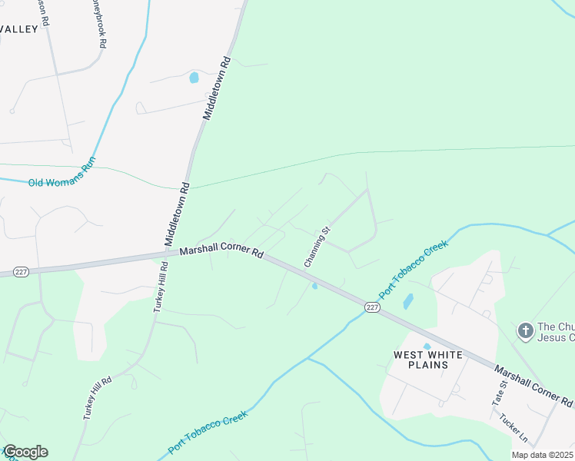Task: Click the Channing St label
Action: click(x=317, y=247)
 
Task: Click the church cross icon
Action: click(x=525, y=330)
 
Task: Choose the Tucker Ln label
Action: click(x=513, y=429)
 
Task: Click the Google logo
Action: click(x=25, y=452)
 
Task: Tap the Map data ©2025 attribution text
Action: click(x=542, y=455)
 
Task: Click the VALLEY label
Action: click(x=18, y=28)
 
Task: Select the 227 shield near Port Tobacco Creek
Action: click(x=372, y=307)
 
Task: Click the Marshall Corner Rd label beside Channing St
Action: click(x=221, y=252)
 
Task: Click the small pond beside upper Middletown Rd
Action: click(x=194, y=78)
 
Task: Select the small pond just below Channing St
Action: click(x=314, y=286)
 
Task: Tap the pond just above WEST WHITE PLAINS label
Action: click(x=427, y=347)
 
